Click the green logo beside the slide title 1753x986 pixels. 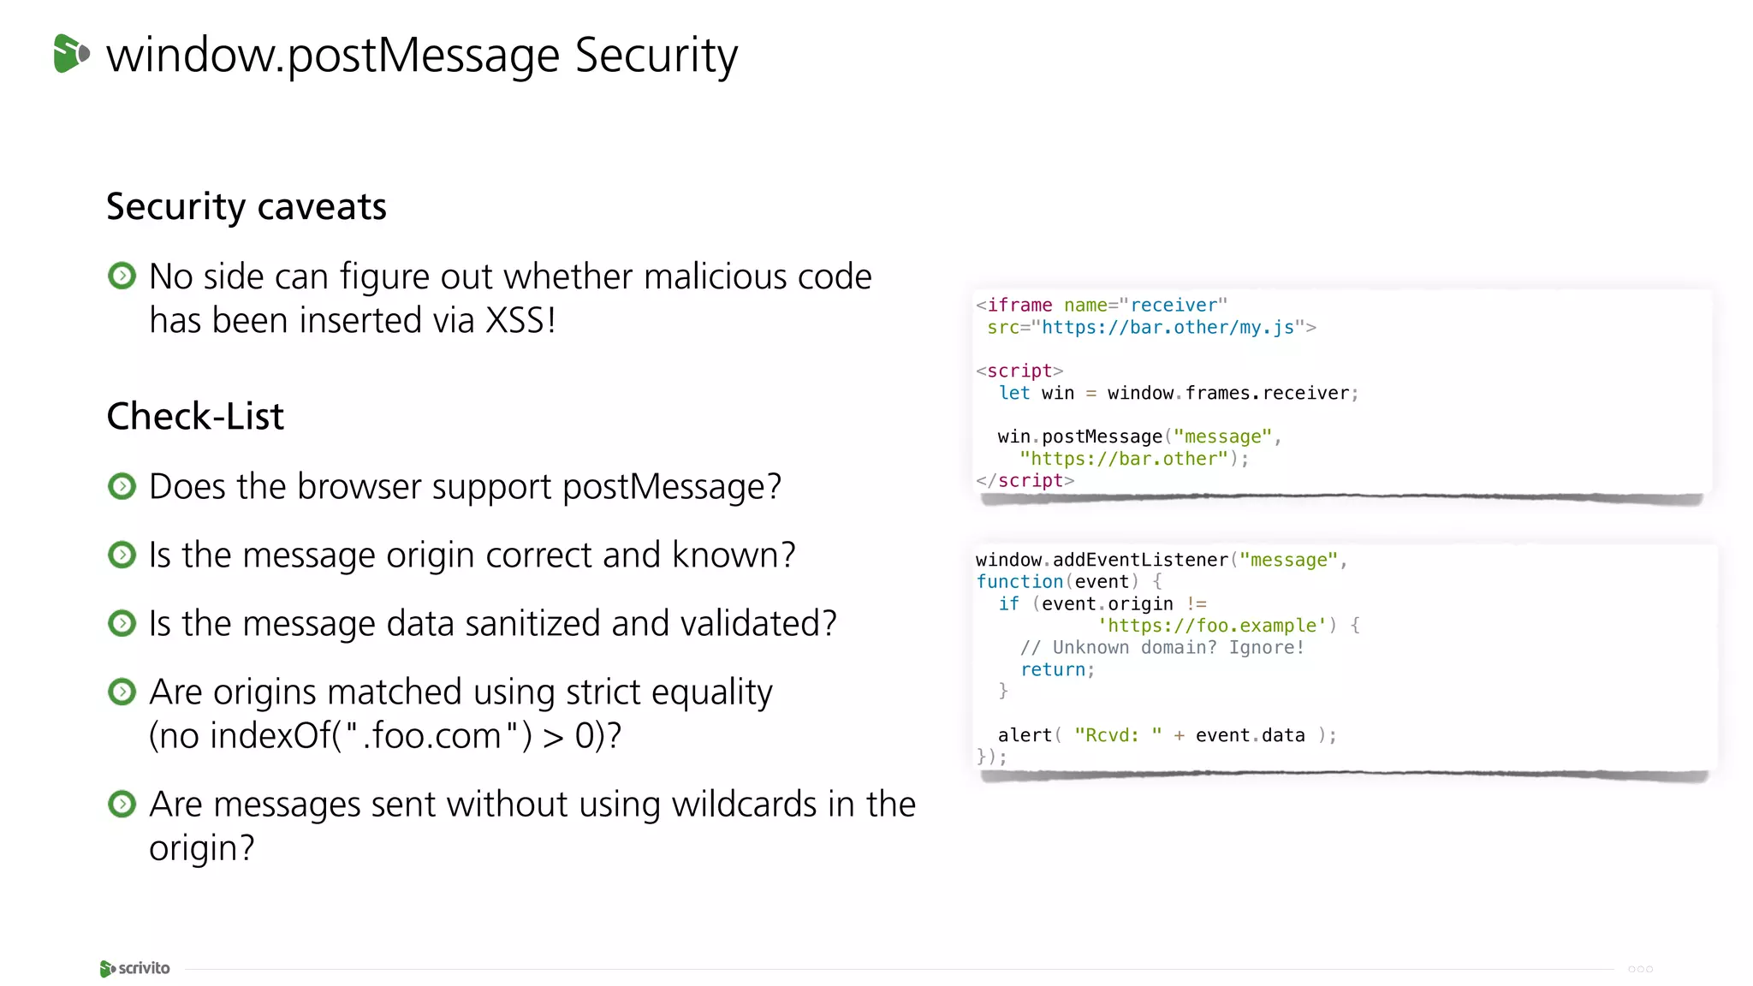tap(71, 54)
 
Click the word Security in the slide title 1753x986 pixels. tap(656, 56)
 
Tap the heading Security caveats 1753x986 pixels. tap(247, 207)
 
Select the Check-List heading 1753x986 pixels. tap(195, 417)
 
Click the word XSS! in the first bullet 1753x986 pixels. tap(520, 321)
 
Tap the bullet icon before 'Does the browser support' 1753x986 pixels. tap(122, 486)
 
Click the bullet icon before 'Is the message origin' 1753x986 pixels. tap(122, 555)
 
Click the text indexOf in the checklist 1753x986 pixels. tap(270, 736)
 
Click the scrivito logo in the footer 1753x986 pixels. tap(135, 968)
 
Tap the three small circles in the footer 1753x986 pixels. tap(1640, 969)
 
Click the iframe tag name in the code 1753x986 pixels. tap(1019, 306)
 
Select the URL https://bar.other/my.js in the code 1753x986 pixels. tap(1168, 328)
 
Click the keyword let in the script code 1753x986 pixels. tap(1014, 394)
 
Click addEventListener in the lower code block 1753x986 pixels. tap(1140, 561)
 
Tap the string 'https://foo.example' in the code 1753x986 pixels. tap(1211, 626)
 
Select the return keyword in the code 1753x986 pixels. tap(1052, 670)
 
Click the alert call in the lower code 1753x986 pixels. tap(1024, 735)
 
